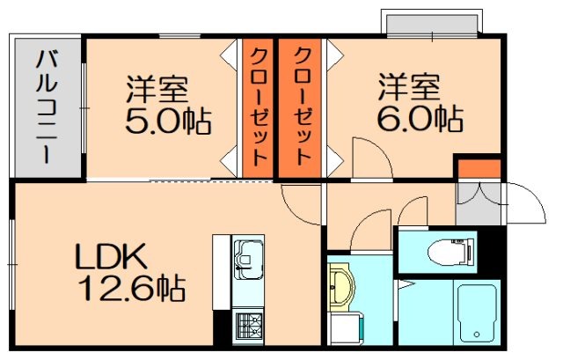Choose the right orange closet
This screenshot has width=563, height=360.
pyautogui.click(x=300, y=107)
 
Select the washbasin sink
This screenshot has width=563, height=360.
pyautogui.click(x=341, y=286)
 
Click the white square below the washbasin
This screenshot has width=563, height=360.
pyautogui.click(x=339, y=331)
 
